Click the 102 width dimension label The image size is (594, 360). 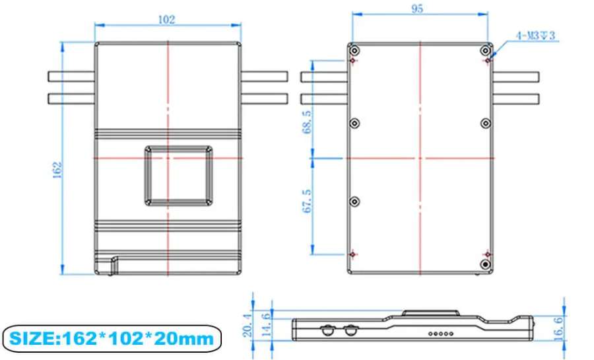167,19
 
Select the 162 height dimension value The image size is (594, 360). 57,170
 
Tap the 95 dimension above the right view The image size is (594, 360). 416,9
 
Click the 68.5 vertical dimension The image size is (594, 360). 307,122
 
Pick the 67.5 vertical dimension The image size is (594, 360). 307,201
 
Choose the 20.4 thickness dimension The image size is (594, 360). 247,325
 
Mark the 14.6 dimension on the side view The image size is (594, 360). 267,324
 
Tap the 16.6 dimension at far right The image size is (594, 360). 558,329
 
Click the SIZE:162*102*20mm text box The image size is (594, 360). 112,338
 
